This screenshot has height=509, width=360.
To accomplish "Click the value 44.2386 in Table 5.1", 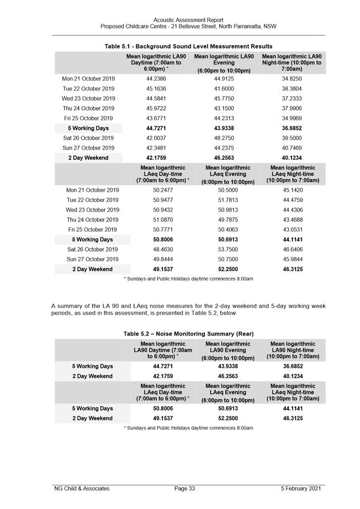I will (x=156, y=79).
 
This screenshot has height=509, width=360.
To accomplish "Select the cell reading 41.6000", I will (x=224, y=89).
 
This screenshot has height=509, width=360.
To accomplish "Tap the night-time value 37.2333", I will (x=292, y=99).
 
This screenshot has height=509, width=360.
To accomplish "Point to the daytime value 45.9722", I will (x=156, y=109).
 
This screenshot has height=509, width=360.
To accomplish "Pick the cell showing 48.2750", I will (x=224, y=138).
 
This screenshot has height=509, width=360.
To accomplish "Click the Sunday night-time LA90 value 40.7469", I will (x=292, y=148).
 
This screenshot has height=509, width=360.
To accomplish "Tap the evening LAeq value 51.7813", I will (x=228, y=200).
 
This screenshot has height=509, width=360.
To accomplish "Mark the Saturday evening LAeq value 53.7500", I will (x=228, y=249).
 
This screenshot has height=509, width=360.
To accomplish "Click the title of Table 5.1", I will (x=188, y=46).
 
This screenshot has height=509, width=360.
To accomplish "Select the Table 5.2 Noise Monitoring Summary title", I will (x=188, y=334).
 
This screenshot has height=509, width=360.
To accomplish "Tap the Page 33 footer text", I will (x=185, y=489).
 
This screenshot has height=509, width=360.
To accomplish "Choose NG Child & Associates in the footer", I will (x=82, y=489).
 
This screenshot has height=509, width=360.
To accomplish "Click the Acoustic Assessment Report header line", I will (x=188, y=20).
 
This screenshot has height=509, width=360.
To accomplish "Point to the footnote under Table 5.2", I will (x=188, y=428).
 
